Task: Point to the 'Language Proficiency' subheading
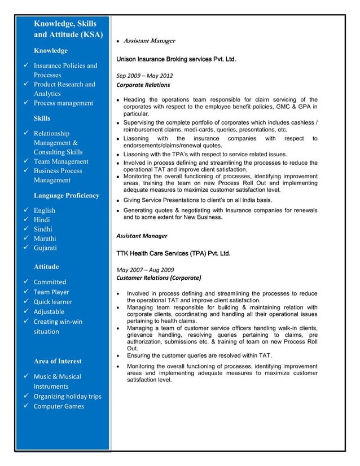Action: (x=66, y=196)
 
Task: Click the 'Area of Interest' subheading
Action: (x=58, y=361)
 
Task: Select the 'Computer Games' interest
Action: (x=59, y=406)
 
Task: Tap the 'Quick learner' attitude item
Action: (x=53, y=302)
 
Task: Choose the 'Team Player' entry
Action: (x=51, y=292)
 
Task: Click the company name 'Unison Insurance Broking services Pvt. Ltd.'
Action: (x=175, y=59)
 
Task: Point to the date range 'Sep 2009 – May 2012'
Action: (x=144, y=76)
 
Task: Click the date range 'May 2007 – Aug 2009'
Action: (x=145, y=269)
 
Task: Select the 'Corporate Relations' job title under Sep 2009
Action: (x=143, y=85)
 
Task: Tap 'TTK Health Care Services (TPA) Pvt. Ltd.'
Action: (x=172, y=253)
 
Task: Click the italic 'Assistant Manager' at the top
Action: (x=149, y=41)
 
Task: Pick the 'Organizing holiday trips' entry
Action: (x=67, y=396)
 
